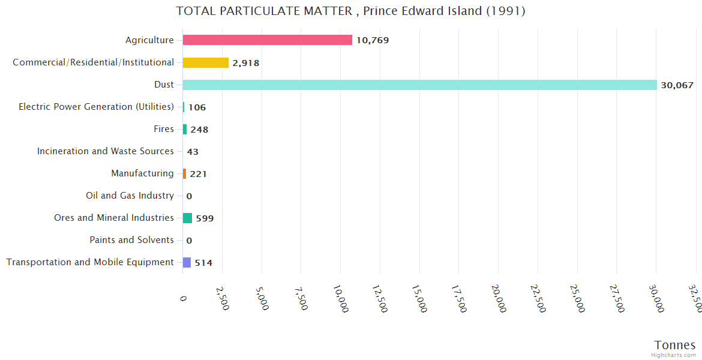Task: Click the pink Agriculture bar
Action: point(267,40)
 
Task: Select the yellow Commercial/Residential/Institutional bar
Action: point(205,62)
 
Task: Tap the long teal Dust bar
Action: point(419,85)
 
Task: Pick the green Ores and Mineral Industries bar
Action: point(187,218)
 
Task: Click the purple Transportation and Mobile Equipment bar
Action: point(187,262)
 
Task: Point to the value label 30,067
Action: point(677,85)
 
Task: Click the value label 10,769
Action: point(373,41)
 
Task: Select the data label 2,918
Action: point(245,63)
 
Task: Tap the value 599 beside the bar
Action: point(205,218)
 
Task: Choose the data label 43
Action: point(193,152)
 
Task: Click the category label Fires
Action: point(164,129)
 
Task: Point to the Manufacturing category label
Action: point(142,173)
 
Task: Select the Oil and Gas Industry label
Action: point(130,196)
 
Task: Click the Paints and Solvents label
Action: point(131,240)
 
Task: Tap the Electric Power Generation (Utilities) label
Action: point(96,107)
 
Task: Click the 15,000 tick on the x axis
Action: point(419,298)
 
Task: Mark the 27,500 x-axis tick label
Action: point(616,298)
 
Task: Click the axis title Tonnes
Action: point(674,345)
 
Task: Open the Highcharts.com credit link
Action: point(673,355)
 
